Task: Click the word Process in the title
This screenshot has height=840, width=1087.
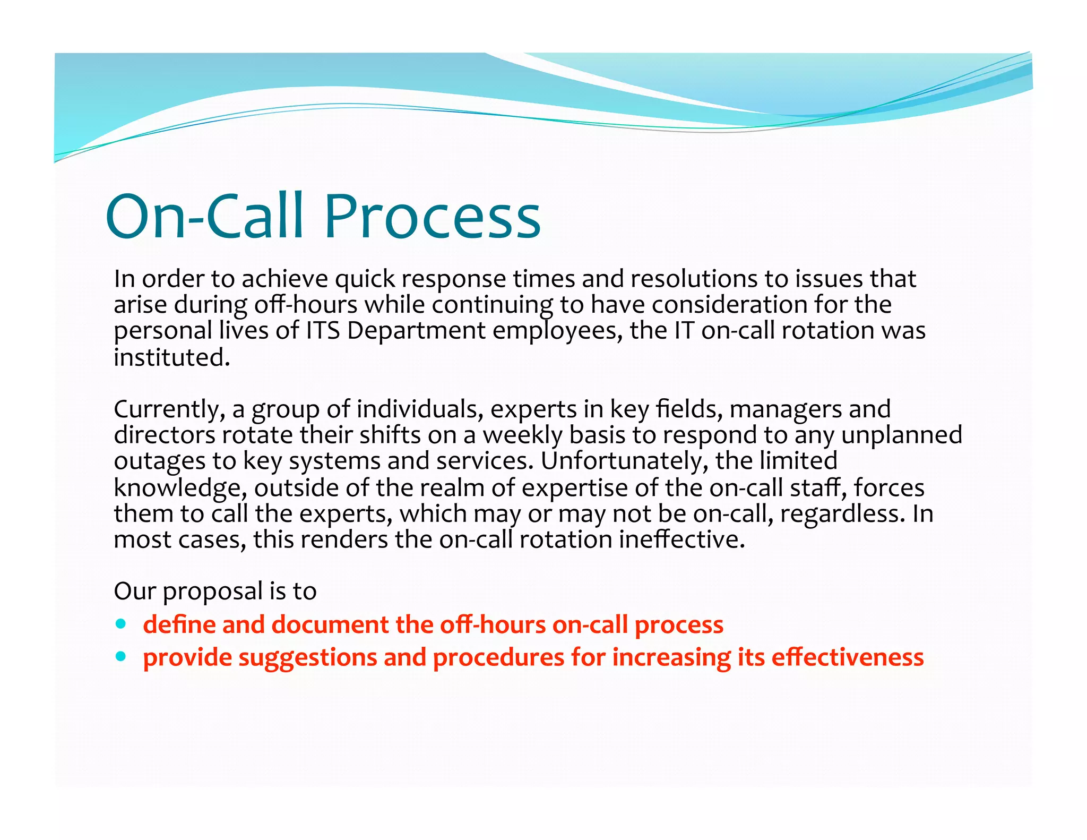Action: [x=432, y=217]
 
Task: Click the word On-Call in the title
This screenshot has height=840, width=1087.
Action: [x=205, y=217]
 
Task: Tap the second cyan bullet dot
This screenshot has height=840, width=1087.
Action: [x=122, y=656]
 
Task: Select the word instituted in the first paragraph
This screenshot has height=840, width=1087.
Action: [x=171, y=357]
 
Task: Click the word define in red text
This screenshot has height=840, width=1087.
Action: [x=179, y=624]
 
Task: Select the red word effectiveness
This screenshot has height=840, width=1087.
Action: [x=848, y=657]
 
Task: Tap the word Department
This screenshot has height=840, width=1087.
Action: [x=416, y=331]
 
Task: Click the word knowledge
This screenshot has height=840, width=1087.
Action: [x=179, y=488]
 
